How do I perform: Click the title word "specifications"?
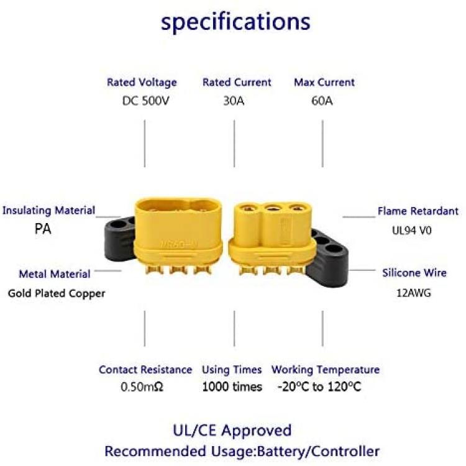click(x=235, y=22)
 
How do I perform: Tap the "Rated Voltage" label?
click(x=142, y=82)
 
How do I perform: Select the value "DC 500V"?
click(x=145, y=101)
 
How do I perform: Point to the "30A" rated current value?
click(x=234, y=101)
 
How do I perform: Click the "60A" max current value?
click(x=322, y=101)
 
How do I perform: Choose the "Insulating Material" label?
click(x=48, y=211)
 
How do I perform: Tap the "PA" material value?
click(x=43, y=229)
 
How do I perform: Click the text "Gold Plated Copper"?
click(x=57, y=293)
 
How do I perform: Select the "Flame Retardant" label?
click(x=418, y=211)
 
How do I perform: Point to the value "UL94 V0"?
click(x=411, y=231)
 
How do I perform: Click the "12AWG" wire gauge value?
click(x=413, y=293)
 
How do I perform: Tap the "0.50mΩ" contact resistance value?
click(x=142, y=386)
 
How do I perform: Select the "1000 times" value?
click(x=232, y=386)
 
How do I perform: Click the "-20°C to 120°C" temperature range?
click(x=319, y=386)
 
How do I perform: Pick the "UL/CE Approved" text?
click(x=232, y=431)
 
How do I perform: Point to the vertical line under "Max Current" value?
click(x=322, y=144)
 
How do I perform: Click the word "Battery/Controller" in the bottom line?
click(x=318, y=452)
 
